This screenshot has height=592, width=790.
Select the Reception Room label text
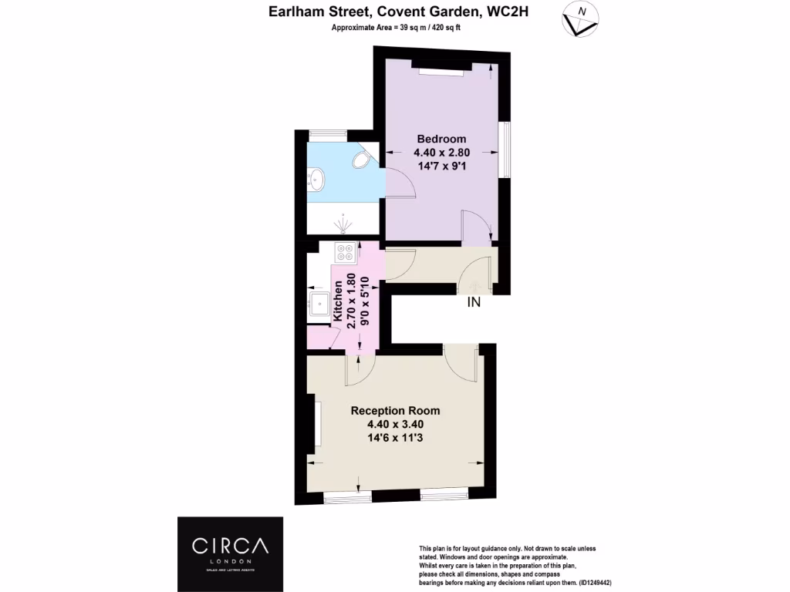pos(395,411)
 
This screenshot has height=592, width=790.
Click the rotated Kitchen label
pos(337,301)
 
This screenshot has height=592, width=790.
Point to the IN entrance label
pos(474,303)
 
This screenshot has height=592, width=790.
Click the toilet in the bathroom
pos(360,160)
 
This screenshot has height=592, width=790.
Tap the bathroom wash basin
pos(316,180)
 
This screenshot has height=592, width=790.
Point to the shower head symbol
pos(343,224)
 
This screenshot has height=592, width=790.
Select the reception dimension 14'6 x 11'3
pos(396,438)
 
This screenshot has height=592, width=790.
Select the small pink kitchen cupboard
pos(319,337)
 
